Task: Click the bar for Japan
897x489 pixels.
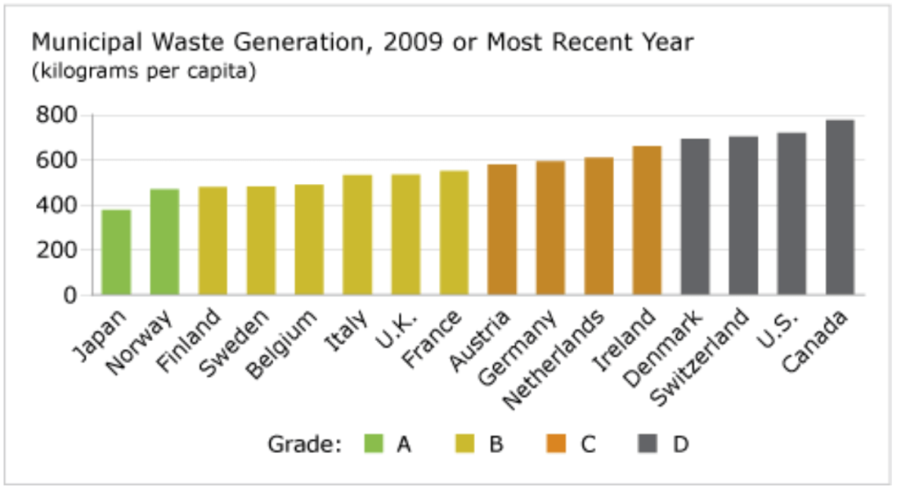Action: [117, 252]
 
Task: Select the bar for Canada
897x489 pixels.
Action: [840, 208]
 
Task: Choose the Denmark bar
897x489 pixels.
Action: [696, 216]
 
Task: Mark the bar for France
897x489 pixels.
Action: [454, 233]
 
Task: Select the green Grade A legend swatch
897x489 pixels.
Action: [374, 444]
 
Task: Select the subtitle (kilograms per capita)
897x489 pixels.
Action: [144, 72]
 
